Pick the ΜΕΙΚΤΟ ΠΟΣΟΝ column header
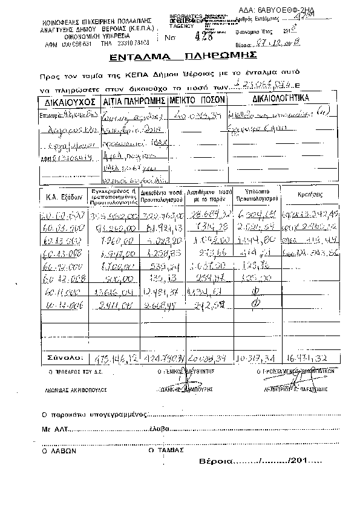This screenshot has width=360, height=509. pyautogui.click(x=197, y=99)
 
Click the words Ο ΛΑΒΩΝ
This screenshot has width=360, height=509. pyautogui.click(x=58, y=450)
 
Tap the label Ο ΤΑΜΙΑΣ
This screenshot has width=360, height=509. pyautogui.click(x=165, y=450)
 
